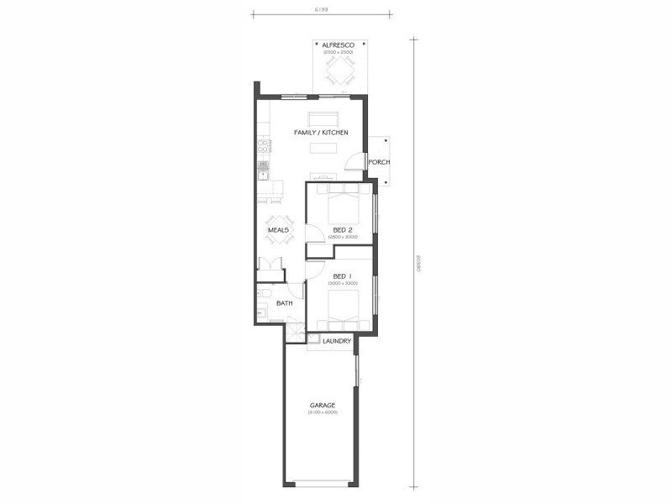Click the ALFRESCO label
339,45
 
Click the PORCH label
380,162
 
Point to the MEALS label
278,229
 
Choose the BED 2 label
342,229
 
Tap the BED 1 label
342,276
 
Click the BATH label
285,303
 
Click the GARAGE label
322,405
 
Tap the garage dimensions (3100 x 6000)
322,412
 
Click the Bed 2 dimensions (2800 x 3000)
342,237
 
